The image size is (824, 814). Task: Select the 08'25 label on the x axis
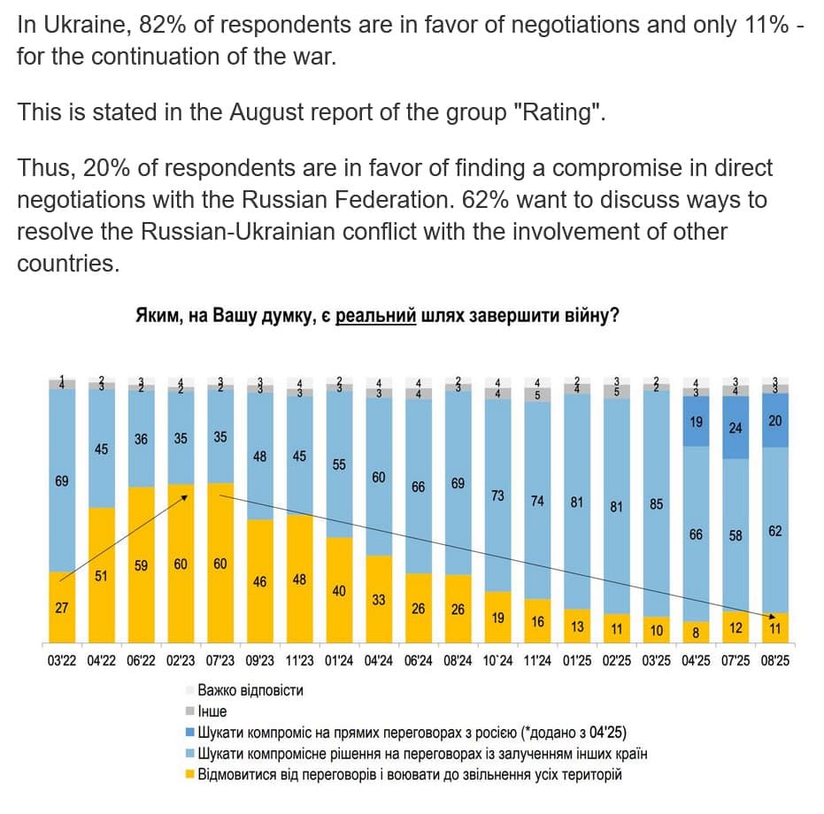coord(774,661)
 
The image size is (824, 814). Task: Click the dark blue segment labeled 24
coord(735,428)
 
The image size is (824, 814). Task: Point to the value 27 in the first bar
coord(61,608)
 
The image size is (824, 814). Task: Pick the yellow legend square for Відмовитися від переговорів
coord(189,775)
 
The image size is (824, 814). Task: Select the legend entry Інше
coord(212,711)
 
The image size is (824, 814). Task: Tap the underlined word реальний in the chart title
coord(376,316)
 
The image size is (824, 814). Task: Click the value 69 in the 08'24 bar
coord(458,485)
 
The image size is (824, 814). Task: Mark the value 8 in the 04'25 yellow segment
coord(696,632)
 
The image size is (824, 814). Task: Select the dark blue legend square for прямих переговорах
coord(189,733)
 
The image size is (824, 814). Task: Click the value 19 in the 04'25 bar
coord(696,422)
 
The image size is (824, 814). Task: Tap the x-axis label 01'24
coord(339,661)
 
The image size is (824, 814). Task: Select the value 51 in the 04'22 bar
coord(101,576)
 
